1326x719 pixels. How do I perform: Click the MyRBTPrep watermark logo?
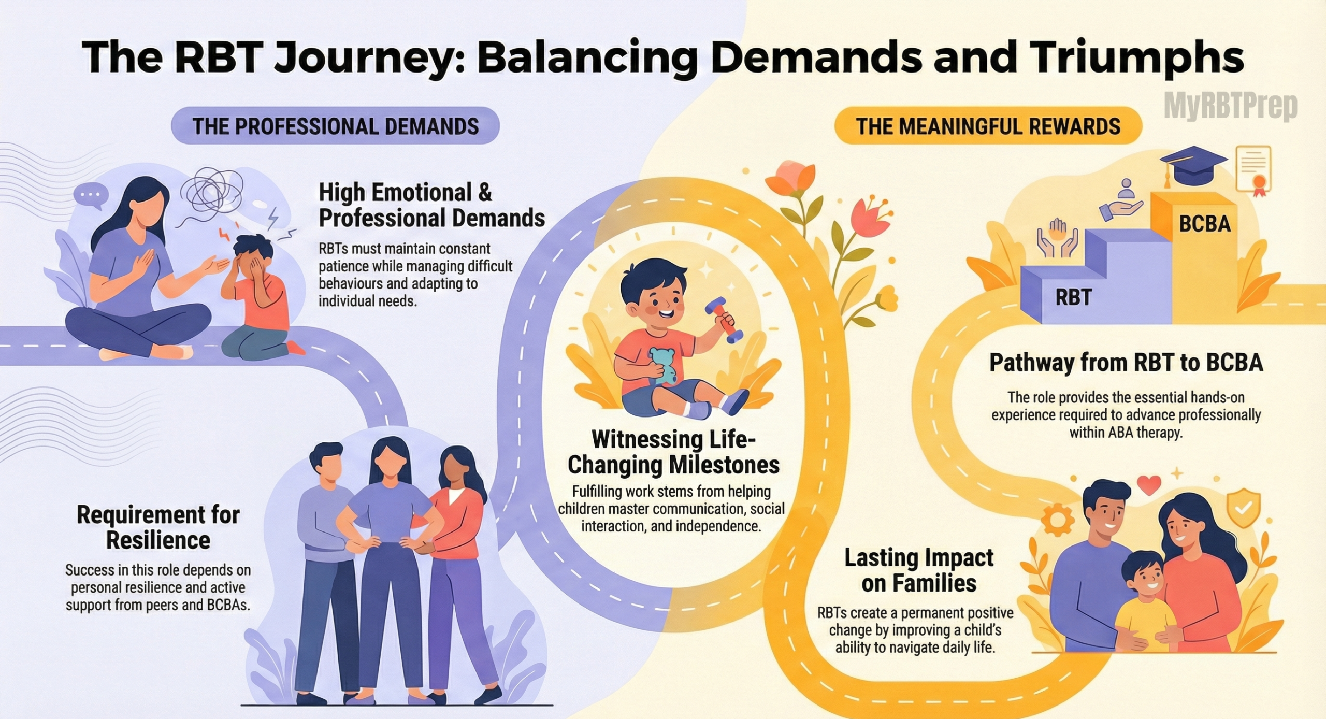tap(1230, 107)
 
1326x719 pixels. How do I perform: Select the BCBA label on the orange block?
tap(1205, 224)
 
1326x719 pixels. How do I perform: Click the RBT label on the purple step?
tap(1073, 297)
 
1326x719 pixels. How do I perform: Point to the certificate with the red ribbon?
tap(1254, 170)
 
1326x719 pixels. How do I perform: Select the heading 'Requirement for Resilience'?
tap(158, 527)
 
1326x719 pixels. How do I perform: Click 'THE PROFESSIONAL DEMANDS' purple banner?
tap(335, 126)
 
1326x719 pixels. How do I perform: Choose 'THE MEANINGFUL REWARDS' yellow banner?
tap(988, 126)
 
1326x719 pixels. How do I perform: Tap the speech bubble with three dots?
tap(91, 195)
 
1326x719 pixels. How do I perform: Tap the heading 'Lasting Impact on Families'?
tap(919, 570)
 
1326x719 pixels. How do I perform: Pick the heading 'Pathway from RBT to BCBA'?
tap(1126, 363)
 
